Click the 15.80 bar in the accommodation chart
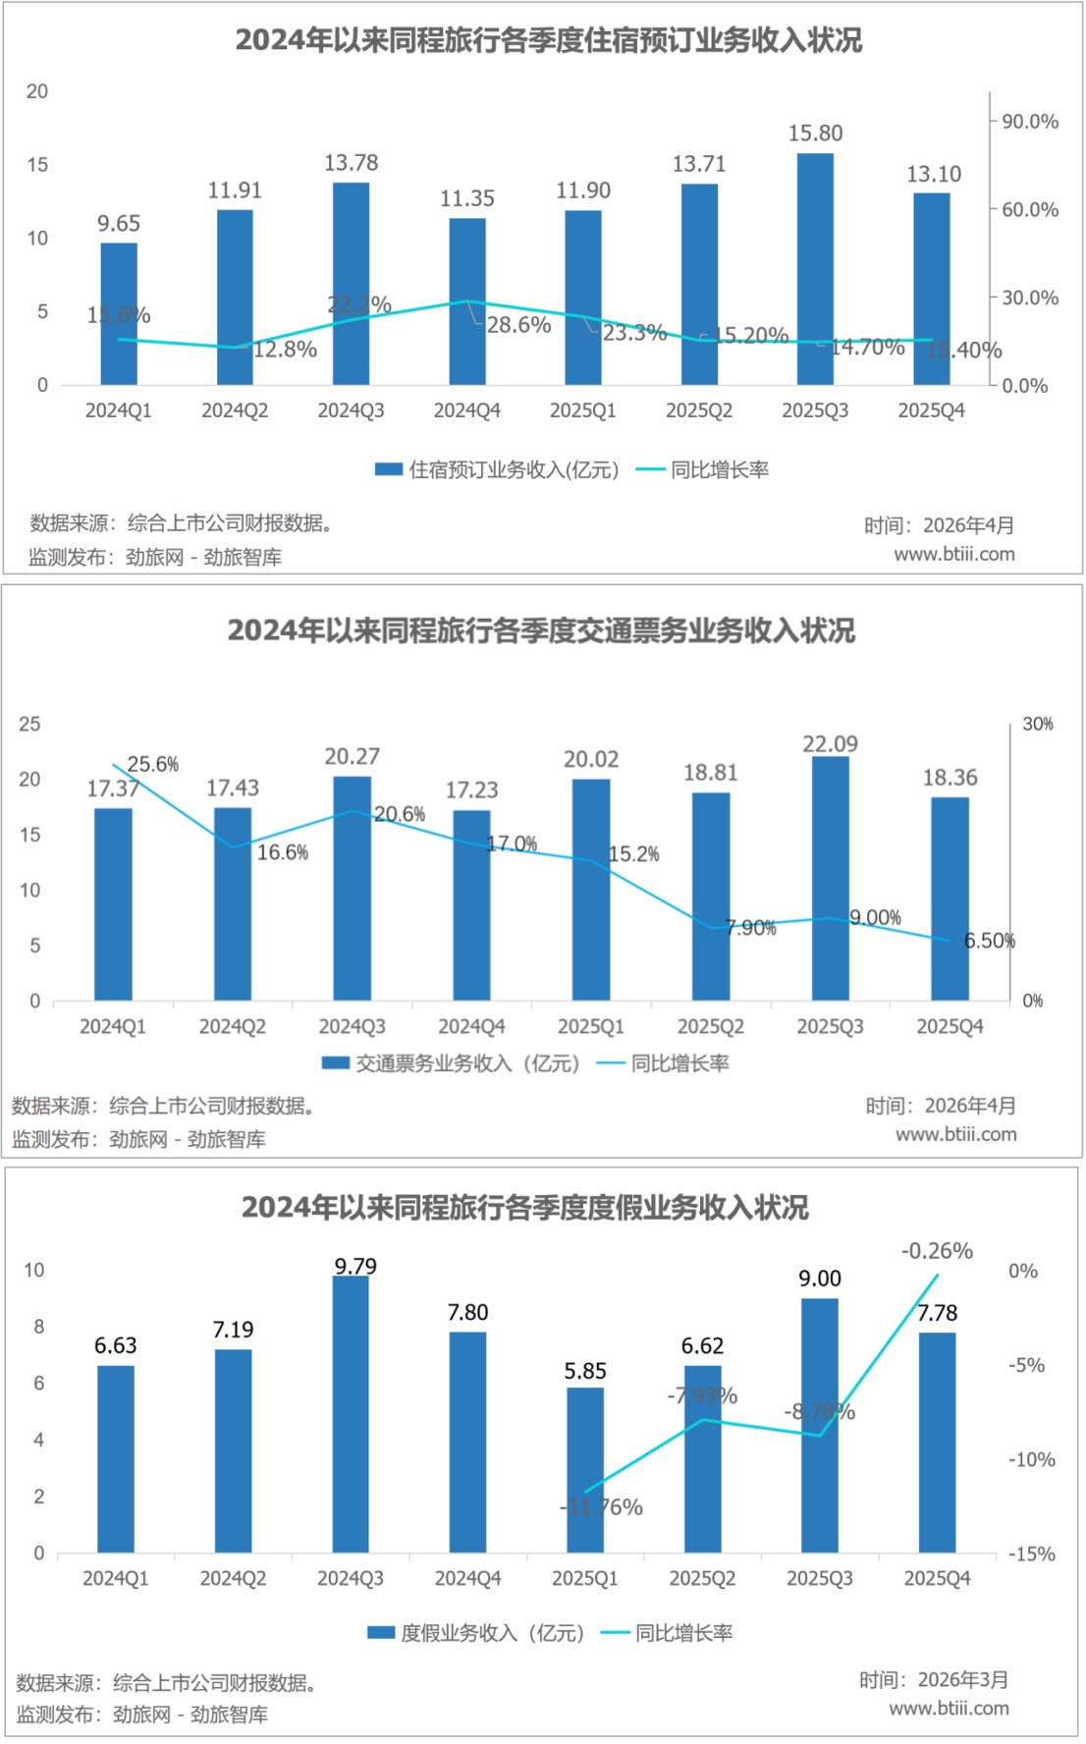point(815,269)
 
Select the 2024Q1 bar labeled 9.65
point(119,314)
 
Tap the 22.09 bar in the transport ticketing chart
point(831,879)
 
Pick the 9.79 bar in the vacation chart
point(351,1414)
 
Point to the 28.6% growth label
point(518,325)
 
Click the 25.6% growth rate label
point(153,764)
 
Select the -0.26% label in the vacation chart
point(937,1251)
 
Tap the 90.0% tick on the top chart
point(1029,122)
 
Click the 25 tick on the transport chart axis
point(29,724)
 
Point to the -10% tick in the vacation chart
point(1031,1459)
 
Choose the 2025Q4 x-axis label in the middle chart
point(950,1026)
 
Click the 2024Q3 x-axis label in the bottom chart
point(351,1578)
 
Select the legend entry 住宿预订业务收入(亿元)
point(497,469)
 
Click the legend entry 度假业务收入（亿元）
point(476,1632)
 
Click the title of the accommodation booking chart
point(548,40)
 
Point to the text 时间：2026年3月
point(934,1679)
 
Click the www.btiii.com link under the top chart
point(953,554)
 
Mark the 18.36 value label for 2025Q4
point(950,778)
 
